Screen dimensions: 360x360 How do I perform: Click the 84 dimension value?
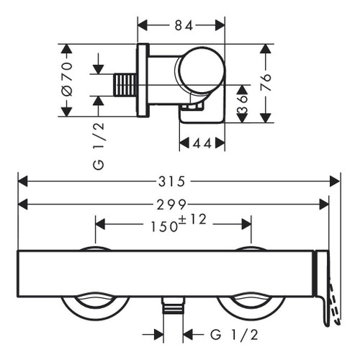(x=184, y=25)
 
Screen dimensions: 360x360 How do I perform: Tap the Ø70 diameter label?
(x=67, y=79)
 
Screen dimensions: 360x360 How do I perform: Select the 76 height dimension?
(x=266, y=83)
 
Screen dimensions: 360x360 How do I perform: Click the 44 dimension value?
(x=202, y=143)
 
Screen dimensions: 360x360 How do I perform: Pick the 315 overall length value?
(x=172, y=181)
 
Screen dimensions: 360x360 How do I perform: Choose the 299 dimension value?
(x=171, y=204)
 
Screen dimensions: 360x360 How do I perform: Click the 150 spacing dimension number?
(x=164, y=227)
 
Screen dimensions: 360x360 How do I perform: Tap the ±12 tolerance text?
(x=193, y=219)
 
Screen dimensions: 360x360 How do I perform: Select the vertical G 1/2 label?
(x=99, y=146)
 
